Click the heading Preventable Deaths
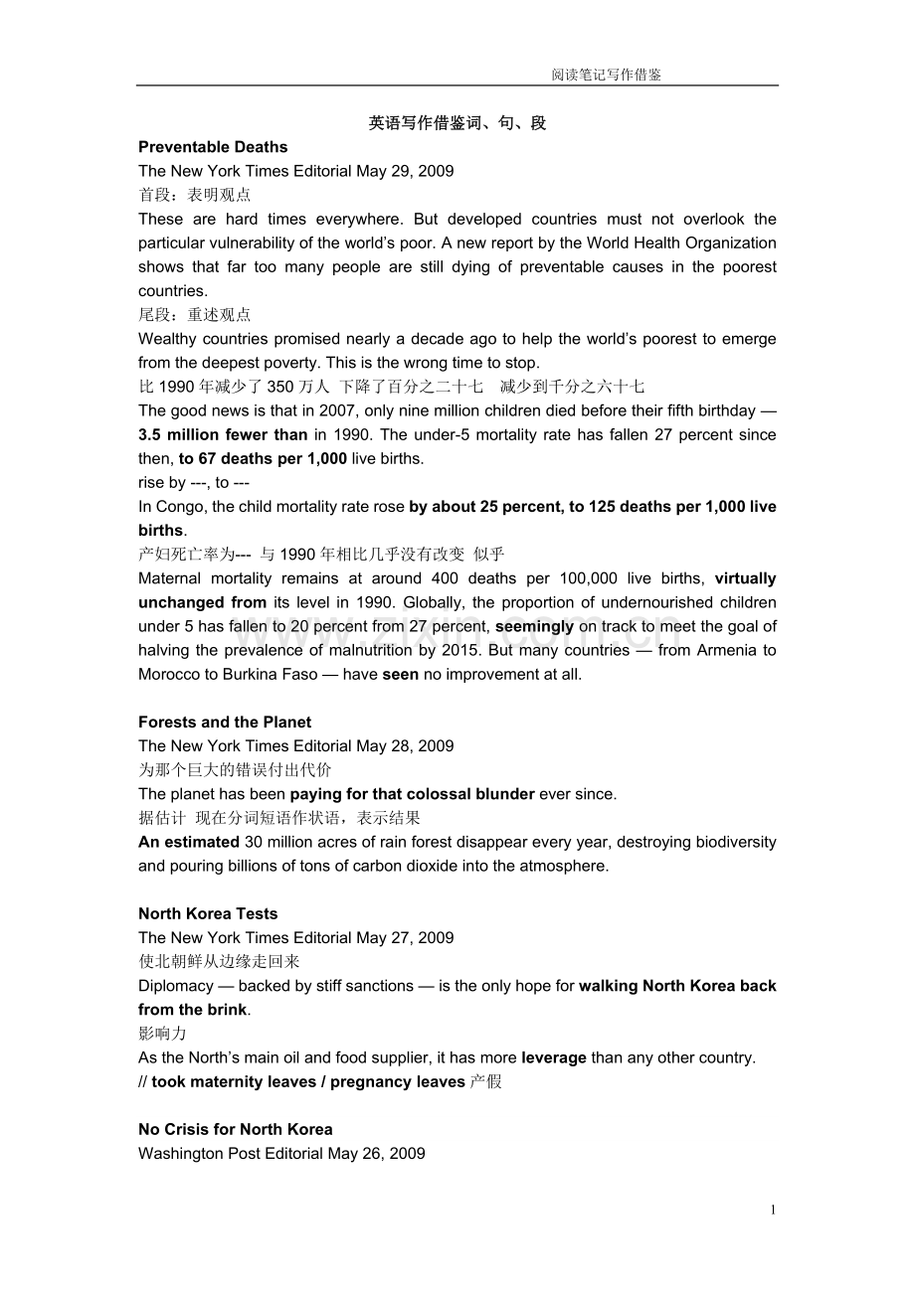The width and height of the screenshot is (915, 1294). pyautogui.click(x=213, y=147)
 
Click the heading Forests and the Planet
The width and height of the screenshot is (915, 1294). pyautogui.click(x=225, y=723)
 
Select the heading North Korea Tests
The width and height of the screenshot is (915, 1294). pyautogui.click(x=208, y=914)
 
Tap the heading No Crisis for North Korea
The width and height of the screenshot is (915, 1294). pyautogui.click(x=236, y=1130)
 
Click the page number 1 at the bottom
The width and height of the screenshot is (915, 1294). pyautogui.click(x=773, y=1210)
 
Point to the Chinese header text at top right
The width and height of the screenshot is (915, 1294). pyautogui.click(x=606, y=75)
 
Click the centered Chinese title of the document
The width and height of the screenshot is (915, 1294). pyautogui.click(x=457, y=123)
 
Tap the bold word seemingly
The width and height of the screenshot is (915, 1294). pyautogui.click(x=534, y=627)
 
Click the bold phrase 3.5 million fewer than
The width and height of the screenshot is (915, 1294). pyautogui.click(x=223, y=435)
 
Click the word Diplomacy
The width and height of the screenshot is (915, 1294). pyautogui.click(x=176, y=986)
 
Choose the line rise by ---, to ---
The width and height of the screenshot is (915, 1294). pyautogui.click(x=194, y=483)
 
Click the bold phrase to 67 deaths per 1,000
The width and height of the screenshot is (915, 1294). pyautogui.click(x=263, y=459)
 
